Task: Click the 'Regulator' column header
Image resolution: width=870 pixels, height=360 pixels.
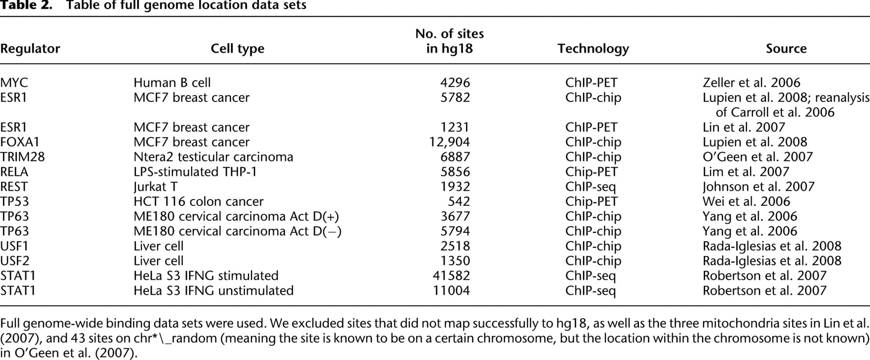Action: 30,49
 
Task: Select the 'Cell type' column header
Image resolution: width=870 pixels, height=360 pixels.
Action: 237,49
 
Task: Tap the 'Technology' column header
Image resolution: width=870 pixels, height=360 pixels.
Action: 593,49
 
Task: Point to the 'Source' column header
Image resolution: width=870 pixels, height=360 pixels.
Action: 786,49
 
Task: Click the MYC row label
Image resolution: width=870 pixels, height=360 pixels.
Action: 14,83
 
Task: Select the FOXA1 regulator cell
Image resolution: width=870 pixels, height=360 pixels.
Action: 20,142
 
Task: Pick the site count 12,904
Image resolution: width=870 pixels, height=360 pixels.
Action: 449,142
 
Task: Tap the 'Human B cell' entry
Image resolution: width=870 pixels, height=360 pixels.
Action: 172,83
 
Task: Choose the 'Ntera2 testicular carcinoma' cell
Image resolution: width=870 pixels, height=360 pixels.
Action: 213,157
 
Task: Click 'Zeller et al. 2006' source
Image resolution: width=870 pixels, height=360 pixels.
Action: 752,83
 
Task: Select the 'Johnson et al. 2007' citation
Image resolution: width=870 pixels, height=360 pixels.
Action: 759,187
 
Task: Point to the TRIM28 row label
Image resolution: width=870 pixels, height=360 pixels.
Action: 22,157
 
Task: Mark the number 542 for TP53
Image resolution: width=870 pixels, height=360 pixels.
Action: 459,202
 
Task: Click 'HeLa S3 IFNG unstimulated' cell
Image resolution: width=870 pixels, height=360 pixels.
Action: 214,291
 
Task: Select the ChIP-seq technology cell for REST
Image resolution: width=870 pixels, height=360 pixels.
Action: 591,187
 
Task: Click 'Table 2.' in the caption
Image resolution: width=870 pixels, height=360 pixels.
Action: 26,6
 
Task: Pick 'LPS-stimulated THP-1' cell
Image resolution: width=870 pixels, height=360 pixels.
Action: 195,172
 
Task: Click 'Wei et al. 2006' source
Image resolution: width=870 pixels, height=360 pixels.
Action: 746,202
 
